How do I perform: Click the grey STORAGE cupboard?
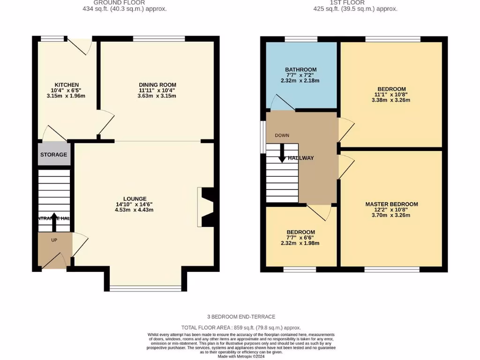pos(53,155)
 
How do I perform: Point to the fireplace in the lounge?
pos(207,207)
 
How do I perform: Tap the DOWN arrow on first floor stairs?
pos(282,153)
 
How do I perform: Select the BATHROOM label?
pos(301,70)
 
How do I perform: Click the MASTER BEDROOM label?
pos(391,204)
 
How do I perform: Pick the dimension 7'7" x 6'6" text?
pos(300,238)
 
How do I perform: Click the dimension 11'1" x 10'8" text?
pos(391,94)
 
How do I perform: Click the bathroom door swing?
pos(281,103)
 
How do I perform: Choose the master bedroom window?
pos(392,270)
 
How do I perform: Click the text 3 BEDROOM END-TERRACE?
pos(241,317)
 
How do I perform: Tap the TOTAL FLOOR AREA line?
pos(241,328)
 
